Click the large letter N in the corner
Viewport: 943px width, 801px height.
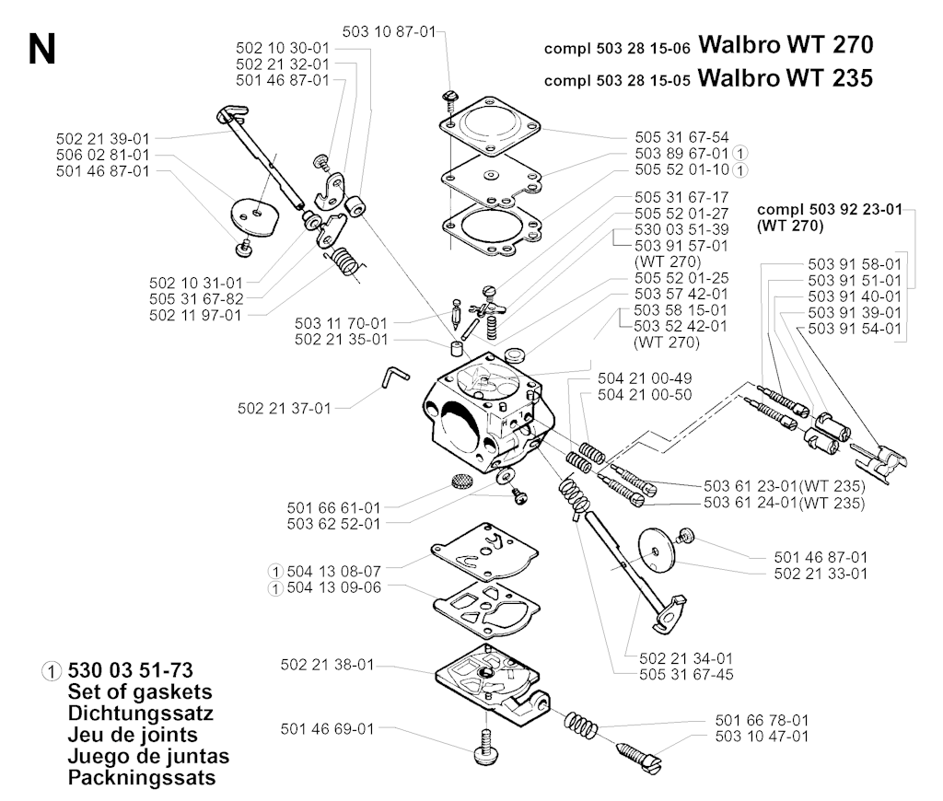(x=41, y=49)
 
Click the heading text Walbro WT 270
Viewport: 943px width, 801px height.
(x=786, y=45)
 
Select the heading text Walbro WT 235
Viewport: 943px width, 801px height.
(x=786, y=78)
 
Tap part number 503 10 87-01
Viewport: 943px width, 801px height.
(x=389, y=31)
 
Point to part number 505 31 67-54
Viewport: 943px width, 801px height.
(x=681, y=137)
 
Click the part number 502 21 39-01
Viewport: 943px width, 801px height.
(x=103, y=139)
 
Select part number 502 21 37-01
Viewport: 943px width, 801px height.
(x=285, y=409)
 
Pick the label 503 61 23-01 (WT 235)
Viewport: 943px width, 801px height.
(x=785, y=486)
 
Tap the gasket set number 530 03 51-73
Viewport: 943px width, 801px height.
(x=131, y=670)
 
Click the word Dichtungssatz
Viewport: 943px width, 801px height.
(x=141, y=714)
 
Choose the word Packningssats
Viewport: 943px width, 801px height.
(x=142, y=778)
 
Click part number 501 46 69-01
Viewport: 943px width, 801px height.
(x=327, y=729)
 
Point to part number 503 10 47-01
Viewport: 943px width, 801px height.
(x=762, y=737)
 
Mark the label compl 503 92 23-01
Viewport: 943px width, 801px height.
(x=830, y=209)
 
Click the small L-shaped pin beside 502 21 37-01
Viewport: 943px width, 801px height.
(x=394, y=377)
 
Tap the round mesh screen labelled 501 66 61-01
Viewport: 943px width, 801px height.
(x=461, y=482)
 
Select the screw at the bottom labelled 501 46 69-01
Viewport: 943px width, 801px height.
(x=483, y=748)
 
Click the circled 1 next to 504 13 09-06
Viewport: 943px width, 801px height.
(x=274, y=588)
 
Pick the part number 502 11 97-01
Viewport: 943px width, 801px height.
(x=195, y=316)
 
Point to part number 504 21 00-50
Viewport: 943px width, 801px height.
(x=645, y=395)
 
